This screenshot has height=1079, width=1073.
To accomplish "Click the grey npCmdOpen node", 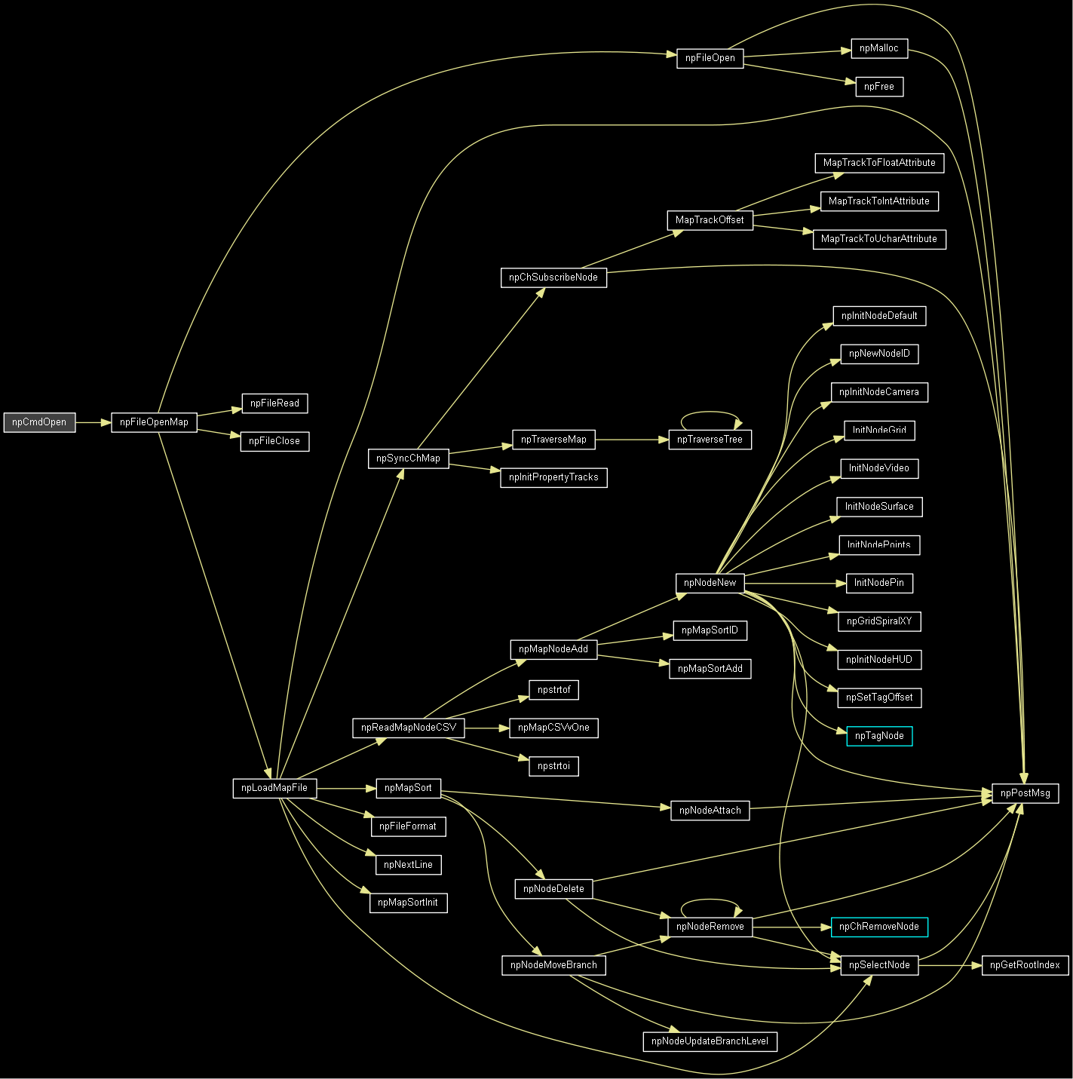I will tap(39, 422).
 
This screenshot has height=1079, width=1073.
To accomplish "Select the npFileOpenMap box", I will tap(154, 422).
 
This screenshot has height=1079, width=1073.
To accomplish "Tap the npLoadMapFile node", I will tap(274, 788).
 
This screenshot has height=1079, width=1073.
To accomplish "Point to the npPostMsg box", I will tap(1025, 793).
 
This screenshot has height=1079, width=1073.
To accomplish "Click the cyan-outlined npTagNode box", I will tap(879, 736).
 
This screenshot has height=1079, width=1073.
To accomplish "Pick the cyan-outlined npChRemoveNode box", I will tap(879, 927).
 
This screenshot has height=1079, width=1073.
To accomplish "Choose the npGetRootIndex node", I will tap(1025, 965).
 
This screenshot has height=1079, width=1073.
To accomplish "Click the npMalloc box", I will tap(879, 48).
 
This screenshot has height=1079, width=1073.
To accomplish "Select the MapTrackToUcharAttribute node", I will tap(879, 239).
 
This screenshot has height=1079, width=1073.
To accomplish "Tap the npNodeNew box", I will tap(710, 583).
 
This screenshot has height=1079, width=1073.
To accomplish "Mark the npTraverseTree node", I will tap(710, 440).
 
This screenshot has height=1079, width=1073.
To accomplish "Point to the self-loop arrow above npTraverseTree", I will tap(710, 412).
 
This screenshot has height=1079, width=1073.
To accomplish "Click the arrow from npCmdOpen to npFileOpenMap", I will tap(94, 422).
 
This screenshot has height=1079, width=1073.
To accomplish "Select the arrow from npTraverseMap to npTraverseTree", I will tap(632, 440).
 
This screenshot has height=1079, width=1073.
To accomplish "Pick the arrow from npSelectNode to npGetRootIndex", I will tap(950, 965).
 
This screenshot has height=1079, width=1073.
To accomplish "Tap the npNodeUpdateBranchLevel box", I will tap(710, 1041).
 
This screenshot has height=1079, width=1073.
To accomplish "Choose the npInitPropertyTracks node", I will tap(553, 477).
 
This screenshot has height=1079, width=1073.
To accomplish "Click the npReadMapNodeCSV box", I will tap(409, 728).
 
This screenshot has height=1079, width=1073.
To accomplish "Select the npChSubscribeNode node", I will tap(553, 277).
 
